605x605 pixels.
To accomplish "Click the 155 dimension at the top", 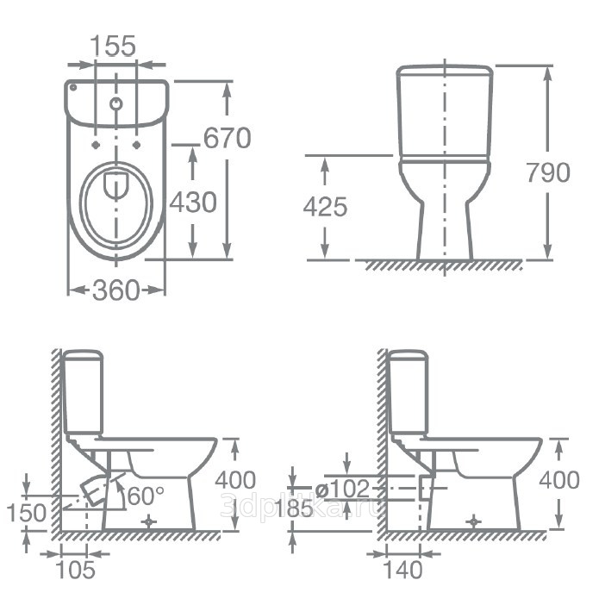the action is click(113, 46).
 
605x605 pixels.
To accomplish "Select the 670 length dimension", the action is click(228, 138).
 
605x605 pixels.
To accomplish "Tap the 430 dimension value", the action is click(193, 203).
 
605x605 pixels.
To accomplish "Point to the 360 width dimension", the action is click(115, 290).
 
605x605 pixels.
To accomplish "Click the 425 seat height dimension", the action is click(325, 207).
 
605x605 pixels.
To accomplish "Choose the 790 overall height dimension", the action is click(548, 172).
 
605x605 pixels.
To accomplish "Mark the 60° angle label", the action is click(146, 496).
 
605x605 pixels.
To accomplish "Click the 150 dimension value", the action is click(27, 513).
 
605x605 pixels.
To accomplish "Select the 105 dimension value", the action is click(76, 570).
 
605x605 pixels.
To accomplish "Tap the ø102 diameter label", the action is click(342, 489).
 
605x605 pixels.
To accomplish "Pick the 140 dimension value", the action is click(402, 570).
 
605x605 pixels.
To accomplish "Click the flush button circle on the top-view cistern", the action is click(116, 103).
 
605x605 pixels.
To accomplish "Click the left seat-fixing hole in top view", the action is click(96, 145).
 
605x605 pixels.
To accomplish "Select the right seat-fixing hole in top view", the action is click(136, 145).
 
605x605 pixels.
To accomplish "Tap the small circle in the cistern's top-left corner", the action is click(73, 87).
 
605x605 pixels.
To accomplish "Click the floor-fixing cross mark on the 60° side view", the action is click(148, 521).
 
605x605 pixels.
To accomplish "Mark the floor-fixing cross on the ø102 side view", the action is click(473, 521).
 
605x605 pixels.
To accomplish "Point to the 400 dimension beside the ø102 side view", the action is click(559, 480).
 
